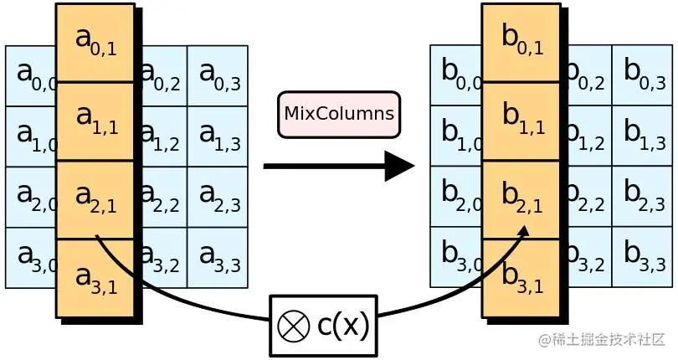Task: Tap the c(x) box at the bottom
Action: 323,325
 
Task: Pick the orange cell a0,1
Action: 95,42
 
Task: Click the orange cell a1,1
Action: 95,121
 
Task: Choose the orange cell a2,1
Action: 95,199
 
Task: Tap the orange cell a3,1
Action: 95,277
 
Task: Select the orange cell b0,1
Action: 521,42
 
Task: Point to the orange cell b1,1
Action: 521,121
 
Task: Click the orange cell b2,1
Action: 521,199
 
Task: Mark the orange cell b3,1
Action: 521,277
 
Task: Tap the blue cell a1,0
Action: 30,136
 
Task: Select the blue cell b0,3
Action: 643,75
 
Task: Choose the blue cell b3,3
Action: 643,257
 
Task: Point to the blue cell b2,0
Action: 455,197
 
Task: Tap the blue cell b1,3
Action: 643,136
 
